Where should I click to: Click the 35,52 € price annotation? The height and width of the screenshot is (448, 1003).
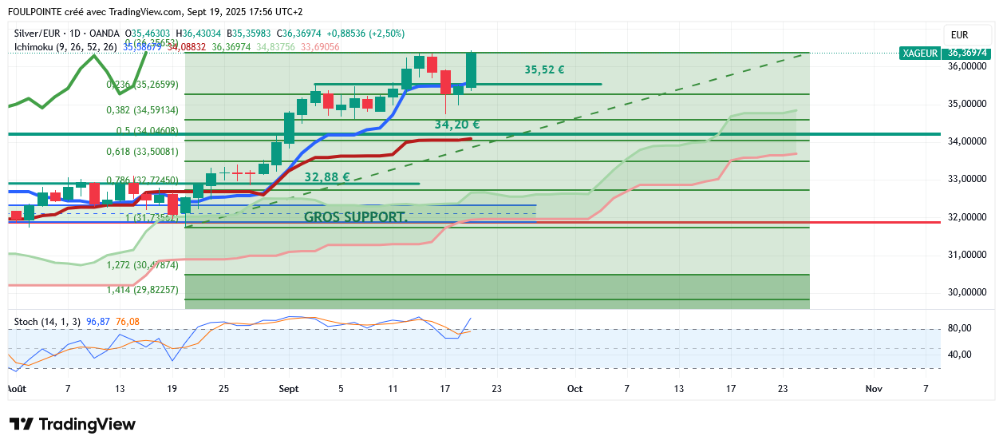point(544,69)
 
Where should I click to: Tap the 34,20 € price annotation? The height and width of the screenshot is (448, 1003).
point(456,125)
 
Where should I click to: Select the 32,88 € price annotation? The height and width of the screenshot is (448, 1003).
point(327,176)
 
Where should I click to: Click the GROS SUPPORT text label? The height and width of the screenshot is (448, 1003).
point(356,216)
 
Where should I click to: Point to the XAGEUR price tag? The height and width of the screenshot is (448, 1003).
point(919,53)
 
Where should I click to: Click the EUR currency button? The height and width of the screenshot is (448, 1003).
point(959,35)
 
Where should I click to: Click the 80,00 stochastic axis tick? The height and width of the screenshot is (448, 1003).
point(960,328)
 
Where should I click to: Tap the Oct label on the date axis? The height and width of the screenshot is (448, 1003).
point(575,388)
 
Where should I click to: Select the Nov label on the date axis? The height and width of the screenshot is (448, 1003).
point(873,388)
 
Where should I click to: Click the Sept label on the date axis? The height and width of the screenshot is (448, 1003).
point(288,388)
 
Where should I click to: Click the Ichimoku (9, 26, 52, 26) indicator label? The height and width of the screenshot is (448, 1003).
point(65,47)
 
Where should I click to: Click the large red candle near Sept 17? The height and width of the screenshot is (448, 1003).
point(445,81)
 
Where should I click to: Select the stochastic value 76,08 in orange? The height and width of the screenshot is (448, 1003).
point(128,321)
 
